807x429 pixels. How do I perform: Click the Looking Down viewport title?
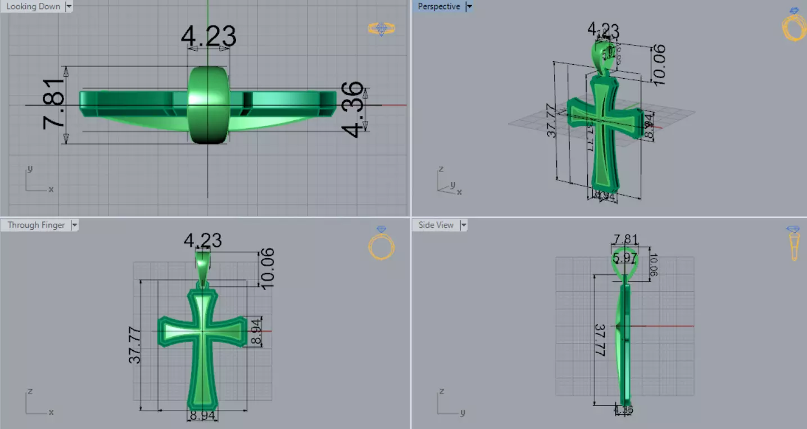[33, 7]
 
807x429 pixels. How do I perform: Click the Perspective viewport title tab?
[439, 7]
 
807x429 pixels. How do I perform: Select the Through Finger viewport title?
[36, 225]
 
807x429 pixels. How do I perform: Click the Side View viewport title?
[436, 225]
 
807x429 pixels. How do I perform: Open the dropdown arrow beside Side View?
[464, 225]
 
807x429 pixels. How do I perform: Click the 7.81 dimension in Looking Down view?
[53, 105]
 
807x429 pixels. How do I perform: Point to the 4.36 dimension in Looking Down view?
[353, 109]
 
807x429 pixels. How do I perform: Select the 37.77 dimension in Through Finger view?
[135, 344]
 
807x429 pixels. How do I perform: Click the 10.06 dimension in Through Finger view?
[268, 268]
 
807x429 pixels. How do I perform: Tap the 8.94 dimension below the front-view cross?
[202, 416]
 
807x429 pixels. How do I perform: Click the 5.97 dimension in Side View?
[625, 258]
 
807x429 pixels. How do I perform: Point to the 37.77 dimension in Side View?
[600, 340]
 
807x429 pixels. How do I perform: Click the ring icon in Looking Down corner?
[382, 29]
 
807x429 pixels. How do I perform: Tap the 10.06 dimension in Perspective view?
[659, 65]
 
